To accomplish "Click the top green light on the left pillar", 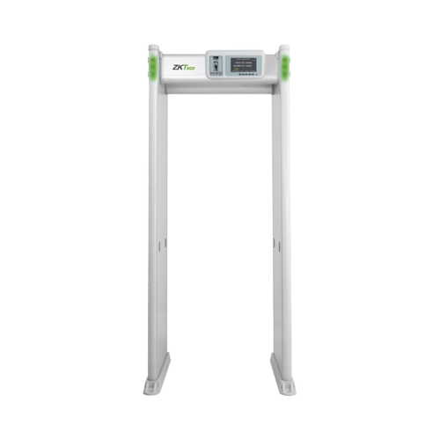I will pyautogui.click(x=151, y=60).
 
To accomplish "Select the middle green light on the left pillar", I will pyautogui.click(x=150, y=67).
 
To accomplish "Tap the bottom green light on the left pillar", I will pyautogui.click(x=151, y=74).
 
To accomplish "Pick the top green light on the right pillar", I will pyautogui.click(x=287, y=60).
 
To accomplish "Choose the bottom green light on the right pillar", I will pyautogui.click(x=287, y=74).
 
